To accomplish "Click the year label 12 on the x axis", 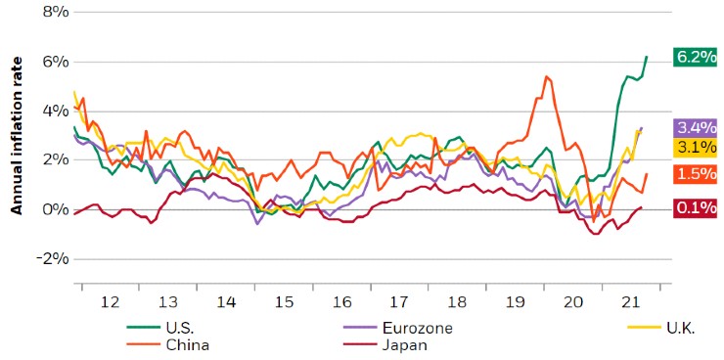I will pyautogui.click(x=110, y=303).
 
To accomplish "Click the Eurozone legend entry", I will pyautogui.click(x=415, y=329).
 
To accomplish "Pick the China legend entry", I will pyautogui.click(x=186, y=344).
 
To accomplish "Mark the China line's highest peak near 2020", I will pyautogui.click(x=546, y=75).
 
